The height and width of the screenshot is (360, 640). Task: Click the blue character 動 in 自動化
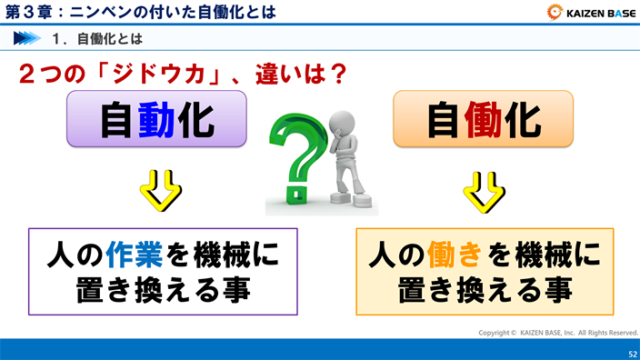pyautogui.click(x=157, y=119)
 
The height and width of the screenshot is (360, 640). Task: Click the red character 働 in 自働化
pyautogui.click(x=483, y=119)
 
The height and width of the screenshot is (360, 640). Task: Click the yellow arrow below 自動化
pyautogui.click(x=157, y=188)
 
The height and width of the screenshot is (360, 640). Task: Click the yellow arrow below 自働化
pyautogui.click(x=483, y=188)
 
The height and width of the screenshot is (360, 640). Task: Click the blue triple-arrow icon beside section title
pyautogui.click(x=26, y=39)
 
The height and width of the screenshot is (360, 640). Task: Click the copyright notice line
pyautogui.click(x=558, y=333)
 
